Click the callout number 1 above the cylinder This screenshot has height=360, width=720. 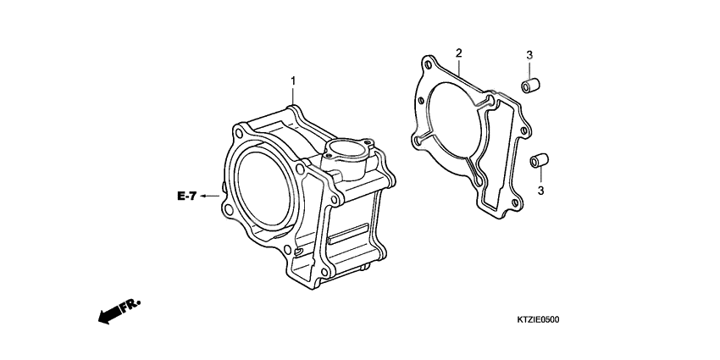point(293,81)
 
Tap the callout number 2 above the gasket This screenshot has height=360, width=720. point(458,53)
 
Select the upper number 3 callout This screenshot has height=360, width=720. point(529,56)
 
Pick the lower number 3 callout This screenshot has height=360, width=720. point(540,191)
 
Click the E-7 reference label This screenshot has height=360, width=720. point(187,197)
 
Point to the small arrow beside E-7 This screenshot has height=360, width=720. point(209,197)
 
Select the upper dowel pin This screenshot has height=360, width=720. point(531,86)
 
